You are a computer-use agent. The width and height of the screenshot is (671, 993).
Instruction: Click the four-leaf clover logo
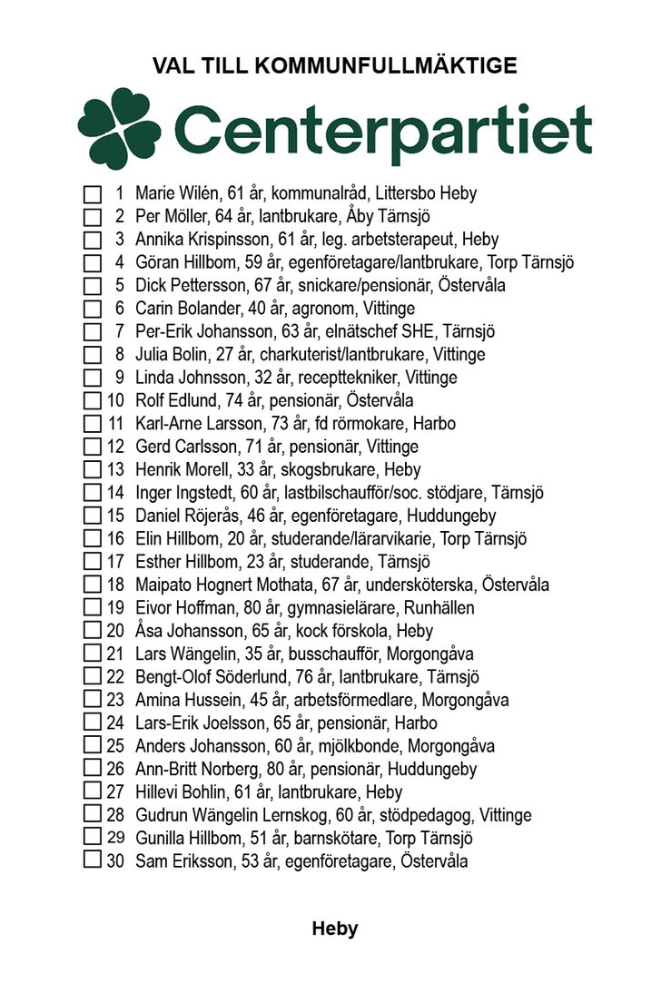(x=119, y=128)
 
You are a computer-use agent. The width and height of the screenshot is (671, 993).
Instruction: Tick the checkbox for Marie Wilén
(x=92, y=194)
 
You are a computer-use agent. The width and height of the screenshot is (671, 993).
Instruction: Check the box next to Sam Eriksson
(x=92, y=860)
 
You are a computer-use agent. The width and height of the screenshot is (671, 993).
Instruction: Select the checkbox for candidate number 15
(x=92, y=516)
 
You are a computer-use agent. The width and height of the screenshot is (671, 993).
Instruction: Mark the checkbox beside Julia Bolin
(x=92, y=355)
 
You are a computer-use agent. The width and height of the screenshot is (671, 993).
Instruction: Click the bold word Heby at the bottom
(x=335, y=929)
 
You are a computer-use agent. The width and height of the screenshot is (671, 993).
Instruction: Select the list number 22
(x=115, y=676)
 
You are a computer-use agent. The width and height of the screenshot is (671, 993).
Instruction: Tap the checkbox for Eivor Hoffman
(x=92, y=607)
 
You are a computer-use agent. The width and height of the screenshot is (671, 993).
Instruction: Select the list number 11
(x=115, y=424)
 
